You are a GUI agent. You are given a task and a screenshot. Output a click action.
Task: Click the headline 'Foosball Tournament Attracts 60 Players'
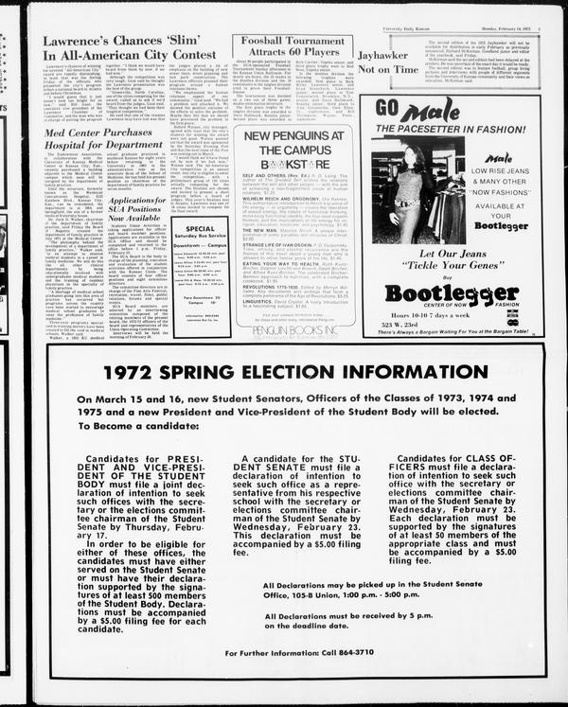[291, 49]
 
